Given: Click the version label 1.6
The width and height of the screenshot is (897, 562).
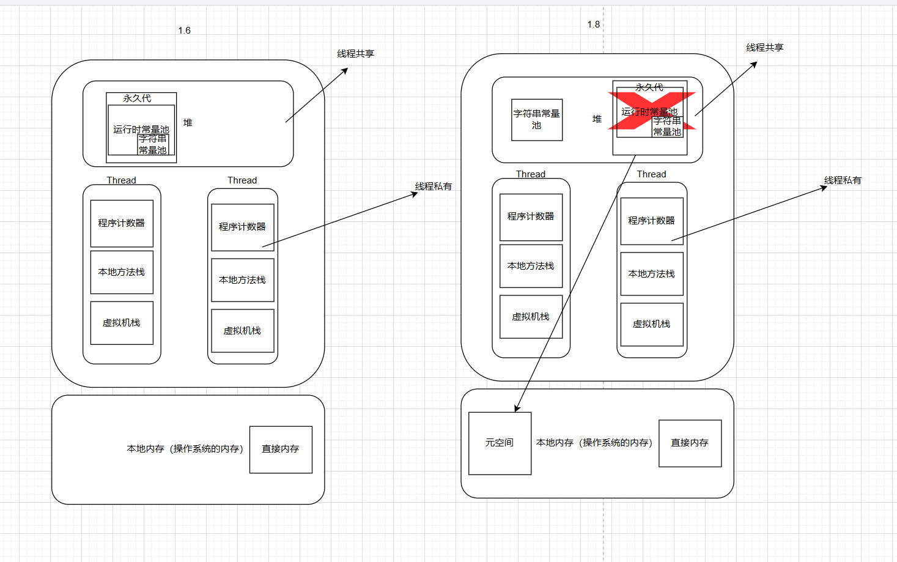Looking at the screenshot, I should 184,31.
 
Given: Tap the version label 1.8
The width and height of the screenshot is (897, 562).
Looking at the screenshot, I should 593,24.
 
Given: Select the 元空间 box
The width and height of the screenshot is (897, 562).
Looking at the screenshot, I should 500,443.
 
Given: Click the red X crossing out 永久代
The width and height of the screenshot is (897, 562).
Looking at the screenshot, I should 652,111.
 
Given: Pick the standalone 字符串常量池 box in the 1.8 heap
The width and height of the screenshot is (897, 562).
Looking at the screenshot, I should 537,120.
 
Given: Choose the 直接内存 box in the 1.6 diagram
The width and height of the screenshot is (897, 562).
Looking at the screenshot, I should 281,449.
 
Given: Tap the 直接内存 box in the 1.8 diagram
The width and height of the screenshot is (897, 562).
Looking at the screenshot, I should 690,443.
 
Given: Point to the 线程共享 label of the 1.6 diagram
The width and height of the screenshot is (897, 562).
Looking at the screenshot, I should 355,54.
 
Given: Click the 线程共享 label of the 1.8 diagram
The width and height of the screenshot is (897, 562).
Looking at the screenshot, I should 764,48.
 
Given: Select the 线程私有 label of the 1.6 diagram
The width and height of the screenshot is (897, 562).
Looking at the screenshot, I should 434,187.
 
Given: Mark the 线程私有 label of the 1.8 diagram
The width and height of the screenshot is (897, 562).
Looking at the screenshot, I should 843,180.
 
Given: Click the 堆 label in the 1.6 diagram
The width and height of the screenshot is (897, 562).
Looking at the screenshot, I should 188,123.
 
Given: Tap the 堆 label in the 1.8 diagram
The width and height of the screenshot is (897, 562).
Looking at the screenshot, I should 597,119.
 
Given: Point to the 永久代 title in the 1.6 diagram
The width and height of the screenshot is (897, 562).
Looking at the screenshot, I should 137,98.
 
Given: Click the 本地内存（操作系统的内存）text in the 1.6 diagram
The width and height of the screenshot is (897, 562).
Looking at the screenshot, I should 185,449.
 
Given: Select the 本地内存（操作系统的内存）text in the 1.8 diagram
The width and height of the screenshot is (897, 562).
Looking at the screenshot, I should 594,443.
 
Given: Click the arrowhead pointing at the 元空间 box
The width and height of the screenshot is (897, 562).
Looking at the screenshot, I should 517,409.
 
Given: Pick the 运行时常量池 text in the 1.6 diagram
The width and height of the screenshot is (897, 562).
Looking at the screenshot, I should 141,130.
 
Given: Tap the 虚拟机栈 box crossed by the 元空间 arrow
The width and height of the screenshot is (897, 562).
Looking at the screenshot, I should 530,317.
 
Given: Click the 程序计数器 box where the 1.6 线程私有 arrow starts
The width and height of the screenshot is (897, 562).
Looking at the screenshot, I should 242,227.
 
